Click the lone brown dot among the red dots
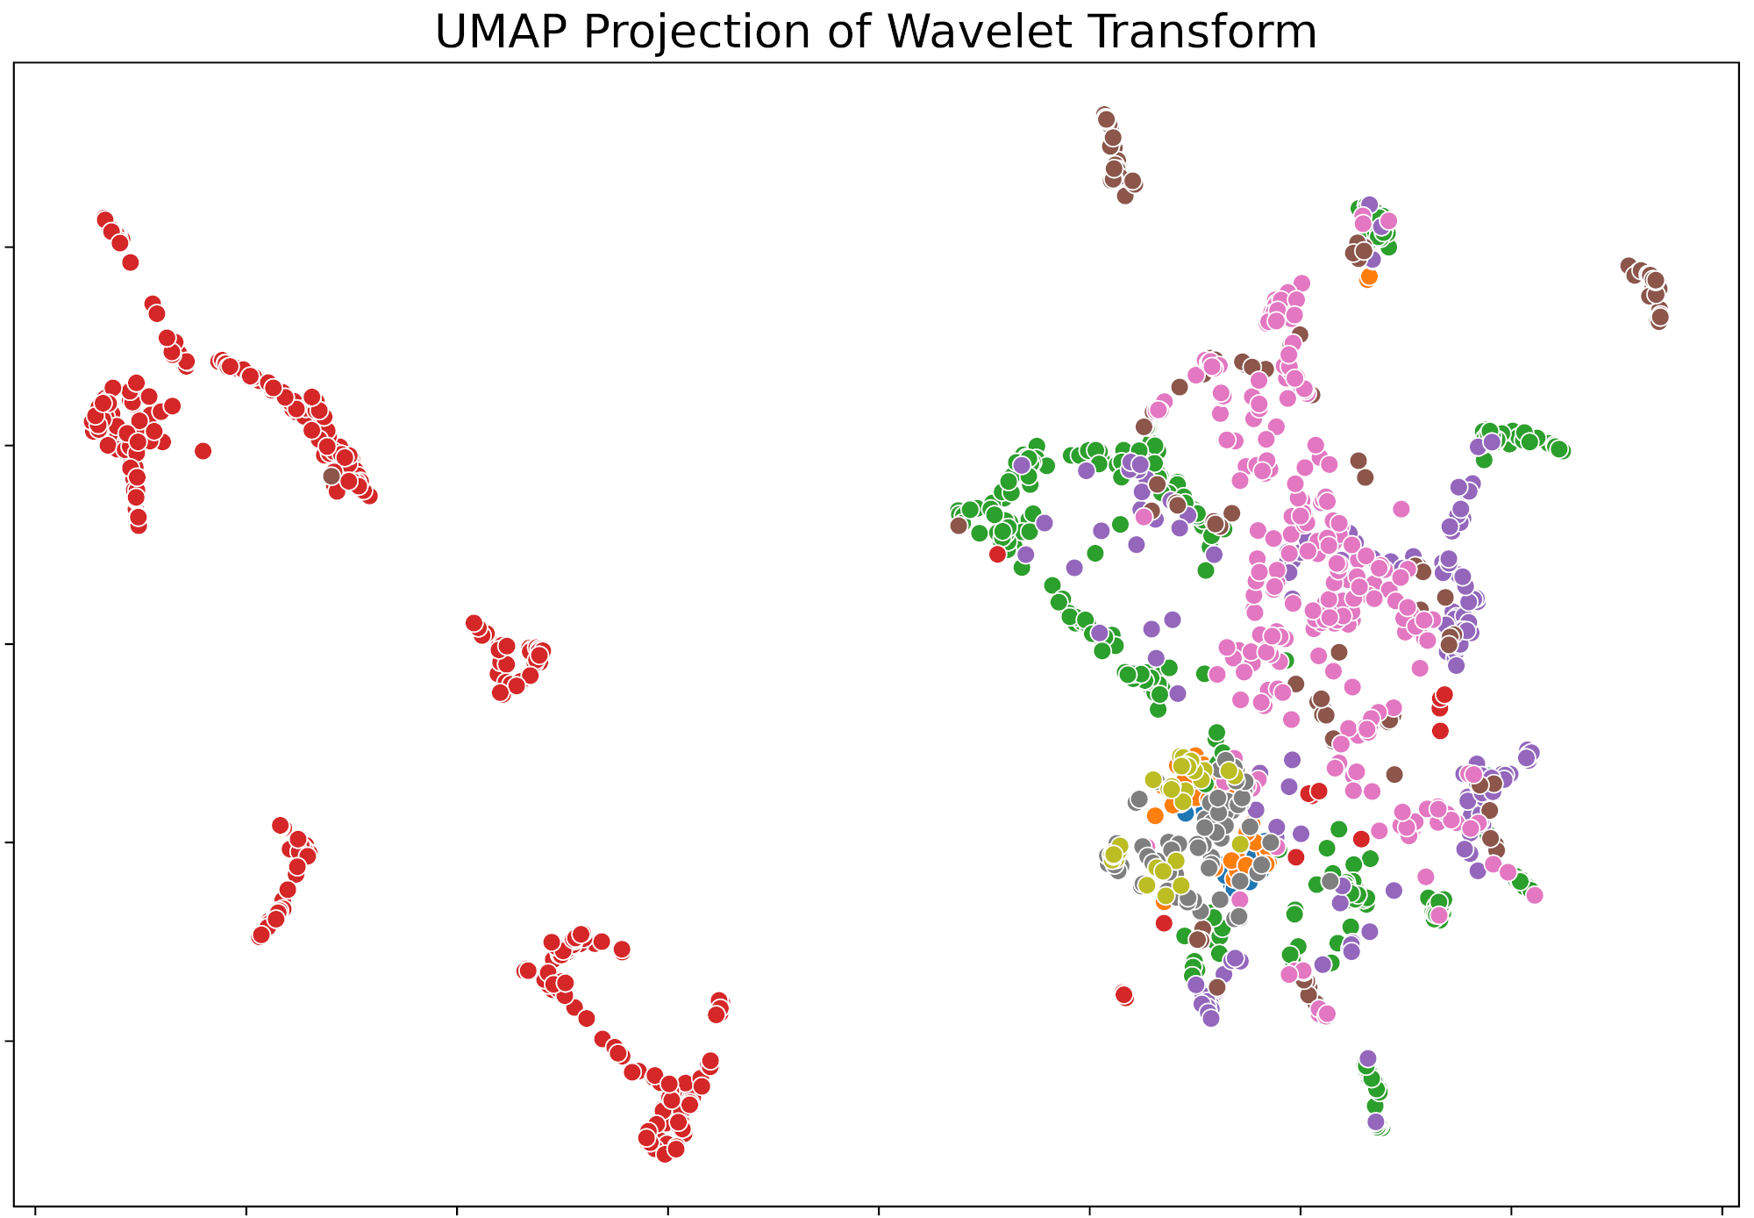click(x=332, y=476)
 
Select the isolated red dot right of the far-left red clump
click(x=203, y=451)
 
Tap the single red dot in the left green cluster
click(x=997, y=554)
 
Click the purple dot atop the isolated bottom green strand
click(x=1368, y=1058)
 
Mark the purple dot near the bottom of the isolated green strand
click(x=1376, y=1121)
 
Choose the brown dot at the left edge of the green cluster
click(x=959, y=525)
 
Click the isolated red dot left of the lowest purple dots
click(x=1124, y=995)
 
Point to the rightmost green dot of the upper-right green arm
click(x=1561, y=450)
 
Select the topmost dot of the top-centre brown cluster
click(x=1104, y=116)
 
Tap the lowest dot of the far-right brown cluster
click(x=1658, y=319)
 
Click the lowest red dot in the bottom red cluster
click(x=664, y=1153)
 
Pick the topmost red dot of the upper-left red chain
click(x=104, y=219)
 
